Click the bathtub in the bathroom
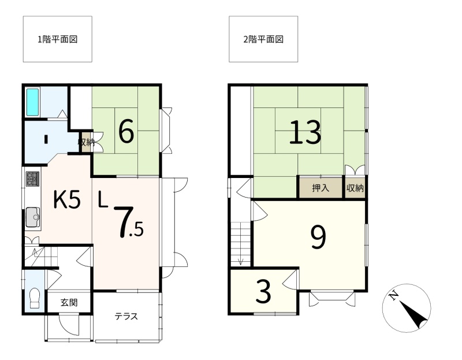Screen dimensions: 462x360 (x=33, y=102)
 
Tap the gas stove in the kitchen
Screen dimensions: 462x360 (x=32, y=179)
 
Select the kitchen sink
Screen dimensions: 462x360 (x=33, y=217)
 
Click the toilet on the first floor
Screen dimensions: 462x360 (x=35, y=298)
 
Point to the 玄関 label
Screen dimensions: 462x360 (x=69, y=303)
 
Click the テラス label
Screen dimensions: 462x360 (x=126, y=317)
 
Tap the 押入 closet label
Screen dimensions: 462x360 (x=321, y=188)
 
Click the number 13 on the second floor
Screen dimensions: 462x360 (x=305, y=132)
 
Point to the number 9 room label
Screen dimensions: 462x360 (x=319, y=237)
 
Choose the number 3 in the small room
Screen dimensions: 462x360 (x=263, y=292)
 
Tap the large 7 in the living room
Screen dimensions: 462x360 (x=124, y=222)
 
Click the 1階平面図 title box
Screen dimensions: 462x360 (x=57, y=39)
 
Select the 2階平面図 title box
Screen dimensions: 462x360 (x=263, y=39)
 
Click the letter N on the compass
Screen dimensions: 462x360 (x=393, y=295)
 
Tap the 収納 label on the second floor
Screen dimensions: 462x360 (x=355, y=188)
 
